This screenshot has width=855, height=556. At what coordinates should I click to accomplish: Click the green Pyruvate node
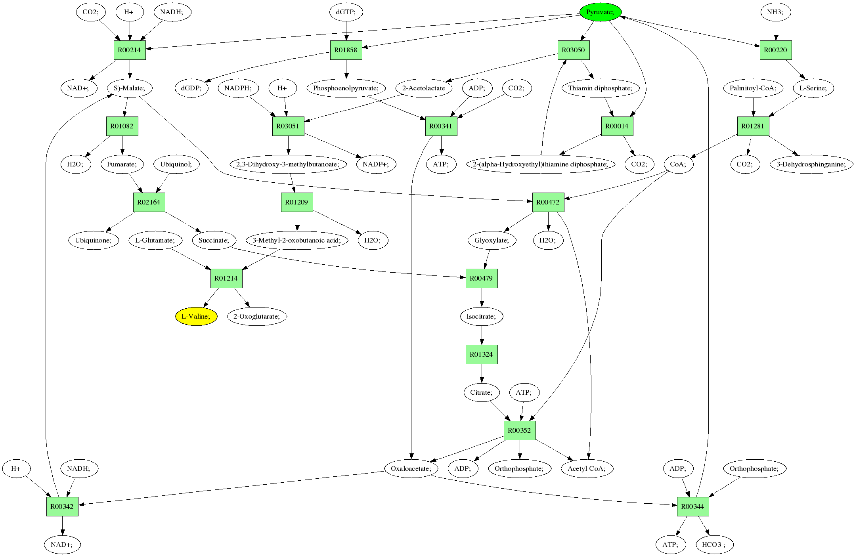[600, 12]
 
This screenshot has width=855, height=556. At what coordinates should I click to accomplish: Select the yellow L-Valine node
[196, 316]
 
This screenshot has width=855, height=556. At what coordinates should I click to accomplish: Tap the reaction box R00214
[130, 50]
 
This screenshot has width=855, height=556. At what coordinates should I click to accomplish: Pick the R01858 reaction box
[346, 50]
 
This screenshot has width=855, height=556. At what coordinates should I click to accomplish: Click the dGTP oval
[346, 12]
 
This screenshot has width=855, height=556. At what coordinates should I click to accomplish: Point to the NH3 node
[775, 12]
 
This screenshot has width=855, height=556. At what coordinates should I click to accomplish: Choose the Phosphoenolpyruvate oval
[346, 88]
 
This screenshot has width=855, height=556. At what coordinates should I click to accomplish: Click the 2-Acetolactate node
[424, 88]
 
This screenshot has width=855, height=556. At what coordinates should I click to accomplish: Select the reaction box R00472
[548, 202]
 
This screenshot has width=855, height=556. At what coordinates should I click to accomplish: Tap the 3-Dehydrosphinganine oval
[811, 164]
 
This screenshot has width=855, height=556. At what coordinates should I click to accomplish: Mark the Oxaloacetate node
[411, 468]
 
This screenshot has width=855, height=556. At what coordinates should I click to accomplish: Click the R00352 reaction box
[519, 430]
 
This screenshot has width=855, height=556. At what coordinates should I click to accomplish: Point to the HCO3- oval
[714, 545]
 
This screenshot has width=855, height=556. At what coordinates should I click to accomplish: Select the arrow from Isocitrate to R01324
[482, 335]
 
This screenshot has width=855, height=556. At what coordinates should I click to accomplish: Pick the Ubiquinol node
[176, 164]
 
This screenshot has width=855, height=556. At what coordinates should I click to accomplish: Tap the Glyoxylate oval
[492, 240]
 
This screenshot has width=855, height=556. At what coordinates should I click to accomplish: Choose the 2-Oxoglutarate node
[256, 316]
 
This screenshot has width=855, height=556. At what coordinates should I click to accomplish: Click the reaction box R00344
[692, 506]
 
